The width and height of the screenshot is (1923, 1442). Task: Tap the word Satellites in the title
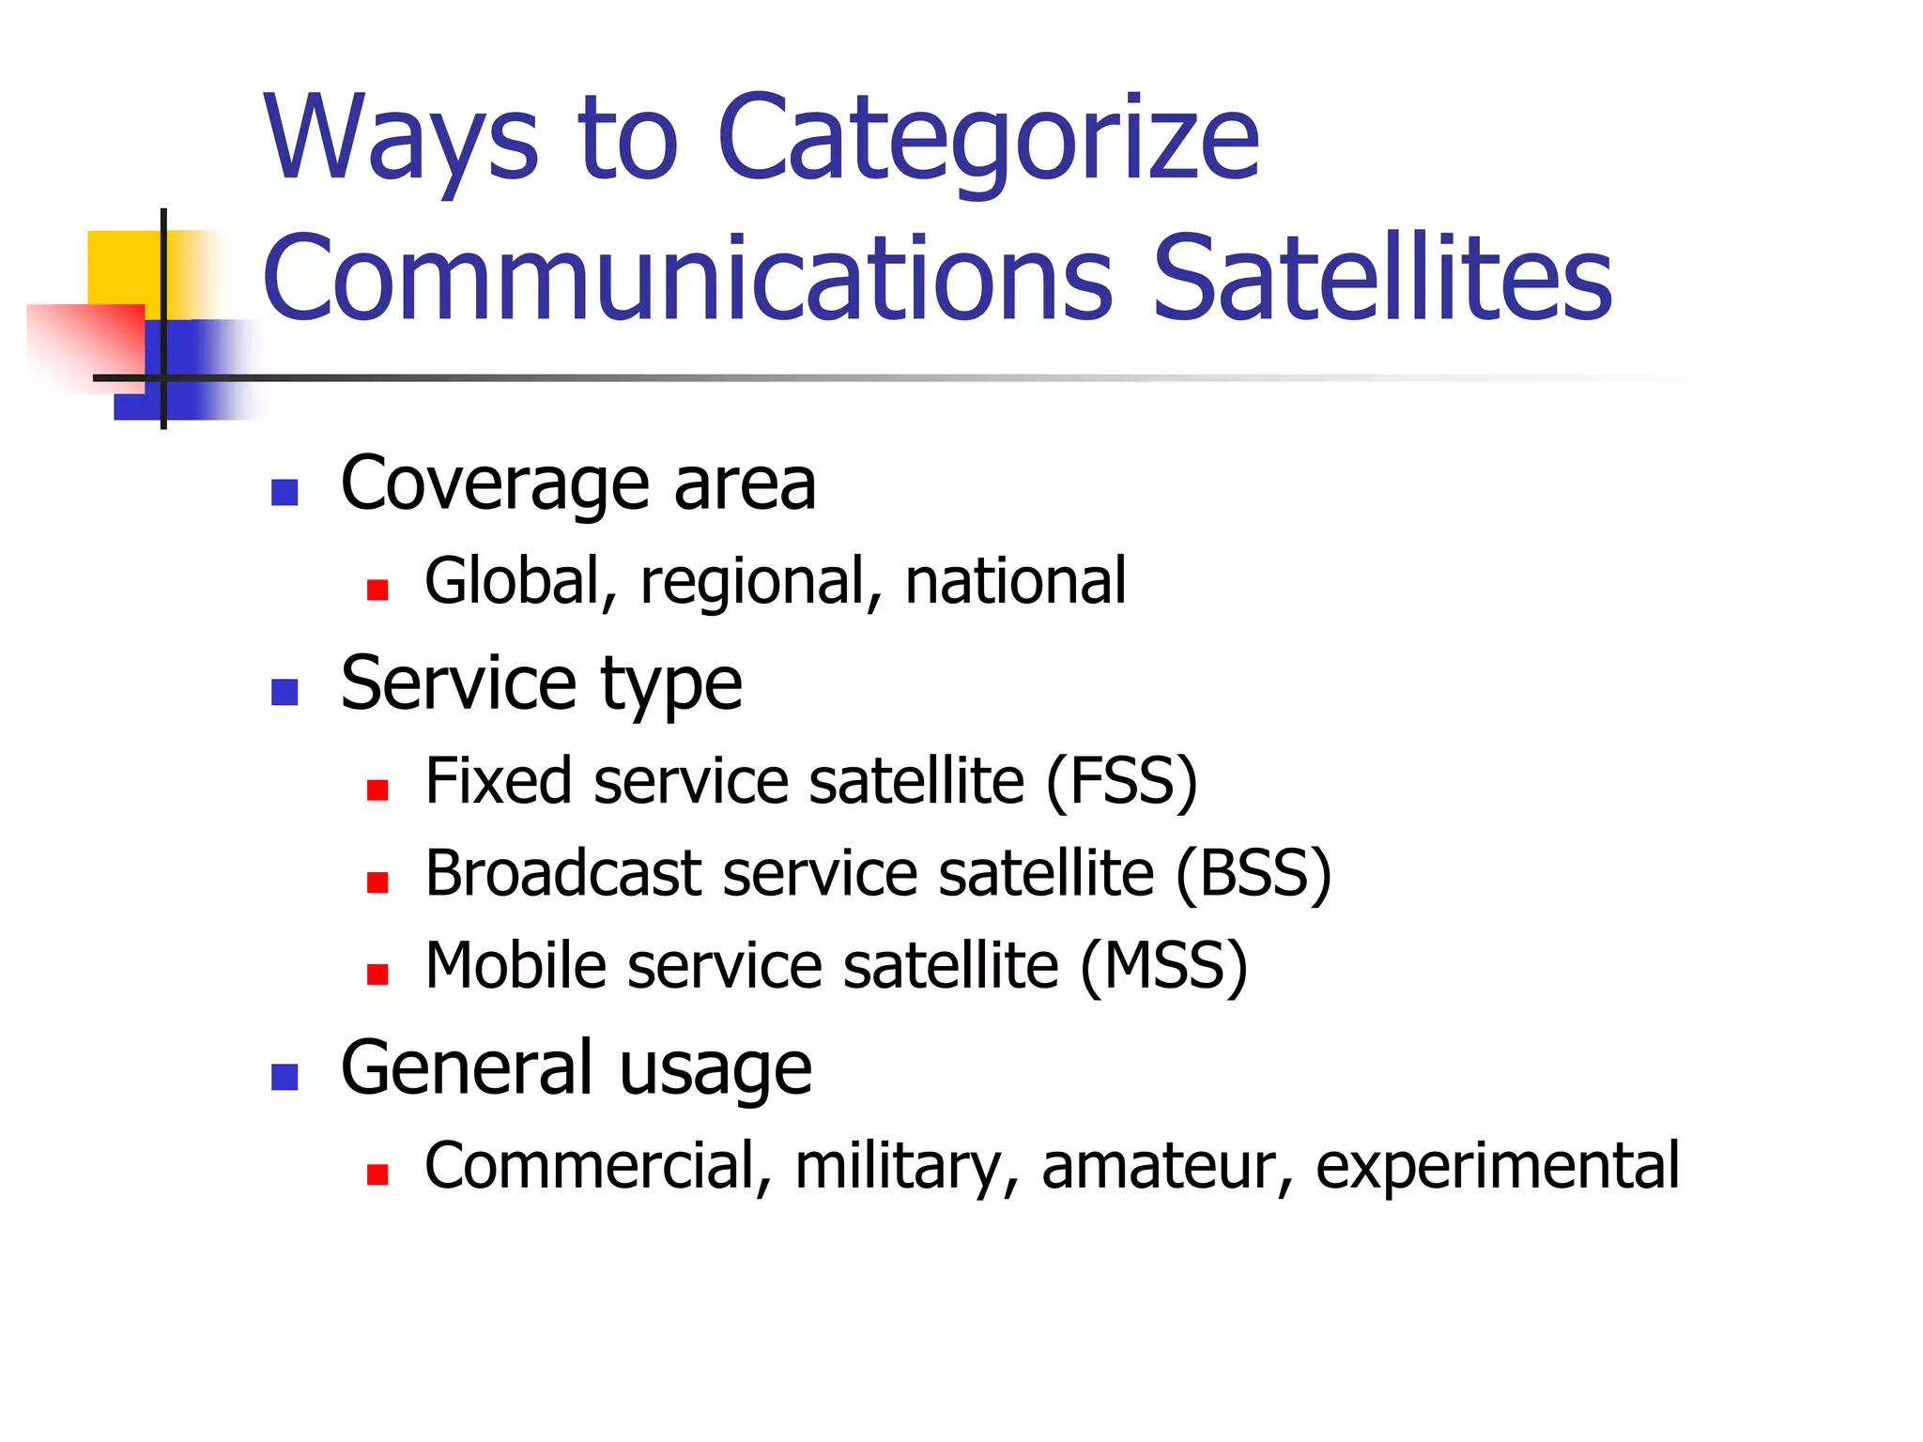pos(1381,279)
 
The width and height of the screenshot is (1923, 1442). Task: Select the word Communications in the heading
pos(687,279)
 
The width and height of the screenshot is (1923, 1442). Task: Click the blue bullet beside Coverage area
pos(285,492)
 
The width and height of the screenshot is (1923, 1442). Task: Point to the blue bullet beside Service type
pos(285,692)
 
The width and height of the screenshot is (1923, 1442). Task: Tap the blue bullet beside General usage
pos(285,1077)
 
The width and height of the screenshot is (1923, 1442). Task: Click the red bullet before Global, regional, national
pos(377,590)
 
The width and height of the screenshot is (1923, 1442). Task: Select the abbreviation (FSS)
pos(1122,781)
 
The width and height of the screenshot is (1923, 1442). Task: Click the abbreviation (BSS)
pos(1253,874)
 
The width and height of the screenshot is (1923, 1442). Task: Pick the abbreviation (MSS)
pos(1164,966)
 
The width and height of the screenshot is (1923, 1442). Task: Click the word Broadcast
pos(563,874)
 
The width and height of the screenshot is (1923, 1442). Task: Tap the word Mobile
pos(516,966)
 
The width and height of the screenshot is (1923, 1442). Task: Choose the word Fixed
pos(498,781)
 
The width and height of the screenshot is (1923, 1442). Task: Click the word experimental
pos(1497,1167)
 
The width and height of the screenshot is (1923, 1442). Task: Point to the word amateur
pos(1159,1167)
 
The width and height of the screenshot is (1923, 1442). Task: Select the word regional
pos(752,583)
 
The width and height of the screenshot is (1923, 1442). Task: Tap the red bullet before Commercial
pos(377,1174)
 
